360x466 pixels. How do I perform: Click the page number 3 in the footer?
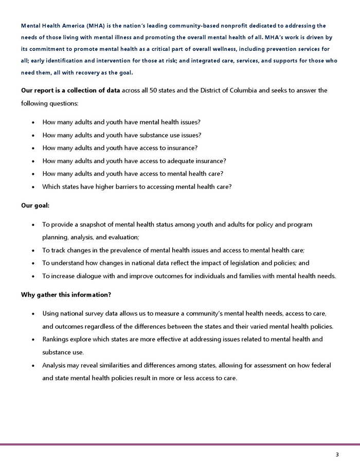(337, 454)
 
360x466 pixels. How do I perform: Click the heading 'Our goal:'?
(35, 205)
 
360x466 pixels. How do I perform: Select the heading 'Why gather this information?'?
(66, 294)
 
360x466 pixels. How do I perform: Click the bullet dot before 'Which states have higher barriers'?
(33, 187)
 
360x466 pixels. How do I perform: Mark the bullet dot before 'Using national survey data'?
(33, 314)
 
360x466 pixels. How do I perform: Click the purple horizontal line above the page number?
(180, 444)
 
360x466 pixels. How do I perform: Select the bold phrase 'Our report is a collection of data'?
(70, 91)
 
